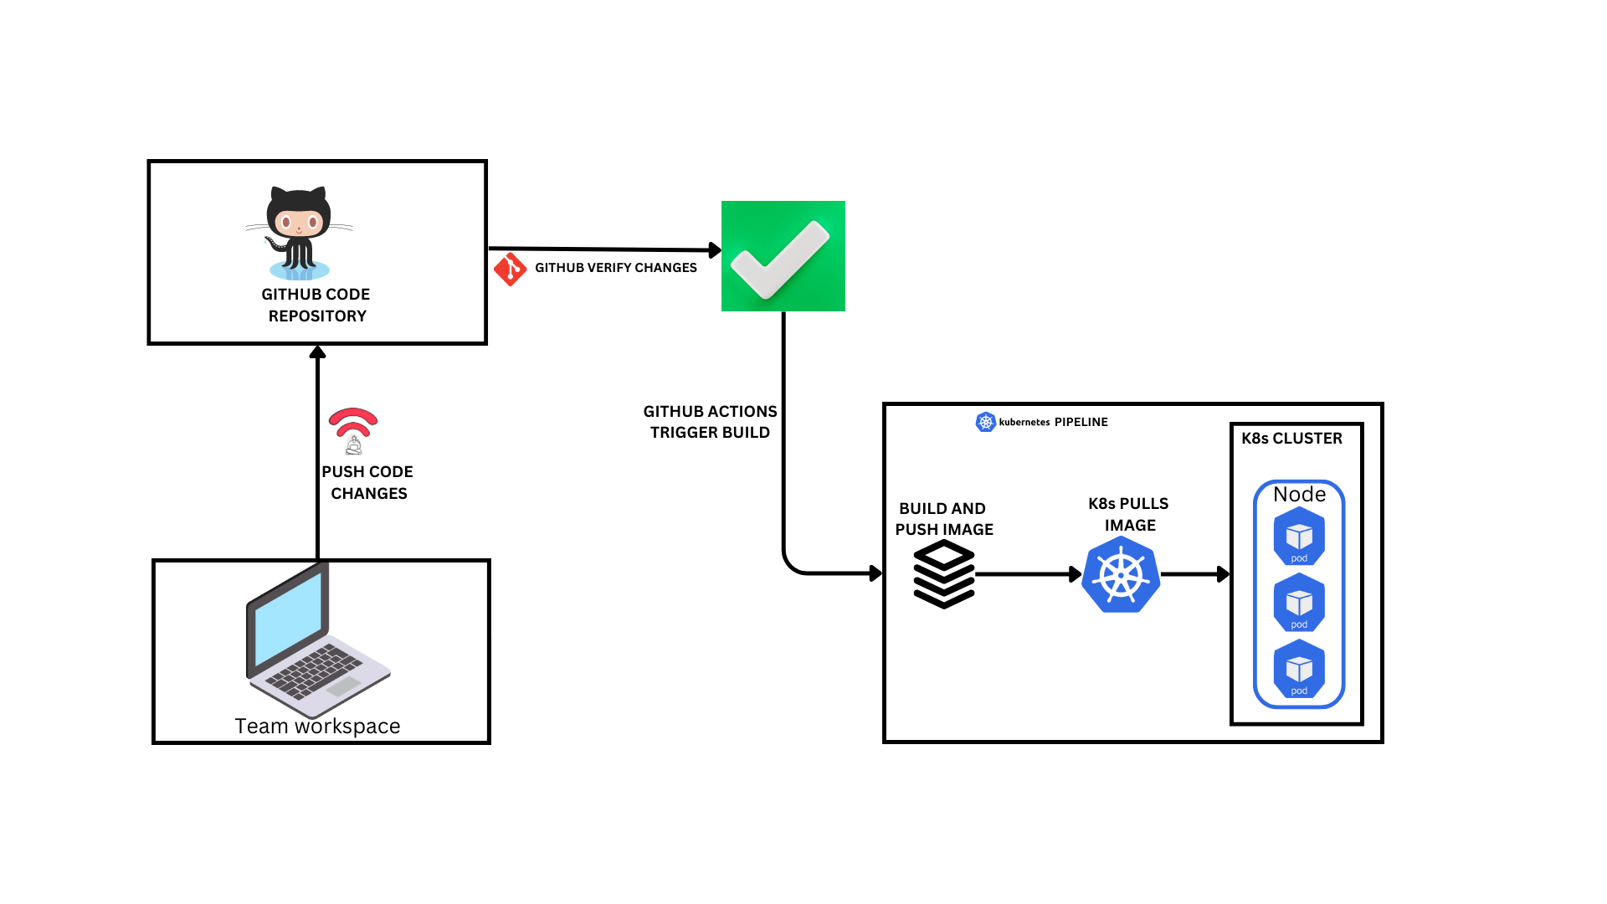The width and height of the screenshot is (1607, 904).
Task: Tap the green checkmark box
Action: (x=783, y=256)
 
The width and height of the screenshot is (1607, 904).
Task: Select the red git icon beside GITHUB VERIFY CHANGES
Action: (x=510, y=269)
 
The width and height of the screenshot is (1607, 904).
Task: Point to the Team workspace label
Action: (x=317, y=726)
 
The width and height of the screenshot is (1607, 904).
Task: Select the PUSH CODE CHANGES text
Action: (x=367, y=482)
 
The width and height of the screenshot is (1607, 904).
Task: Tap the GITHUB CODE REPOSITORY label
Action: (x=316, y=305)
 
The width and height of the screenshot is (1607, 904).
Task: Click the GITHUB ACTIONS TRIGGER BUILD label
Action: (x=710, y=422)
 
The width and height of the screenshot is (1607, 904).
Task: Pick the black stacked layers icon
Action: (x=943, y=573)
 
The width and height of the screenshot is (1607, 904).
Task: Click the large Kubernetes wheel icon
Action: (x=1121, y=575)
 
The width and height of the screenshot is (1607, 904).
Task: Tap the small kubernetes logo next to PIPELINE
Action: (x=985, y=422)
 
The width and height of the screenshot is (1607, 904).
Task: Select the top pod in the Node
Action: (x=1299, y=537)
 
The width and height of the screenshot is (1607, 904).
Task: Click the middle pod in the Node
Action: (x=1299, y=603)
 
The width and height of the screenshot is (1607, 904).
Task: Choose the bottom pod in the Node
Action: (x=1299, y=669)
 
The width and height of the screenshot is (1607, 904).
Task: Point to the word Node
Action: (x=1299, y=494)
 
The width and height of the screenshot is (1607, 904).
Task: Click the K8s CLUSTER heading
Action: (x=1291, y=439)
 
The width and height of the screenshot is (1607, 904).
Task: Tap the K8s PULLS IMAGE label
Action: (x=1128, y=514)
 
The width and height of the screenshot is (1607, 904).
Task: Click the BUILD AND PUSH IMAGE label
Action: (x=943, y=519)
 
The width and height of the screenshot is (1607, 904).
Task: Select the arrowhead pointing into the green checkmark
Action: (x=715, y=249)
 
